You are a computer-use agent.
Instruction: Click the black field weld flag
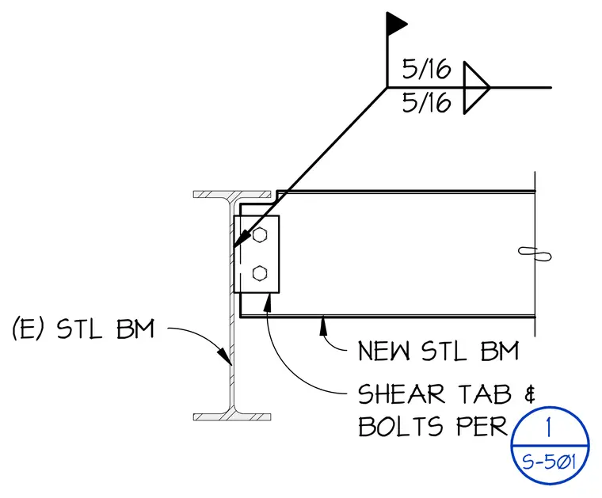click(x=395, y=25)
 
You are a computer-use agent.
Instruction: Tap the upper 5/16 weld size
click(x=426, y=70)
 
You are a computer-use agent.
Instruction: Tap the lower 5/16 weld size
click(x=426, y=102)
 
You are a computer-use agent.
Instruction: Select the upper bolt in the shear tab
click(x=260, y=235)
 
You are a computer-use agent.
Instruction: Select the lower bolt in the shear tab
click(x=260, y=273)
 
